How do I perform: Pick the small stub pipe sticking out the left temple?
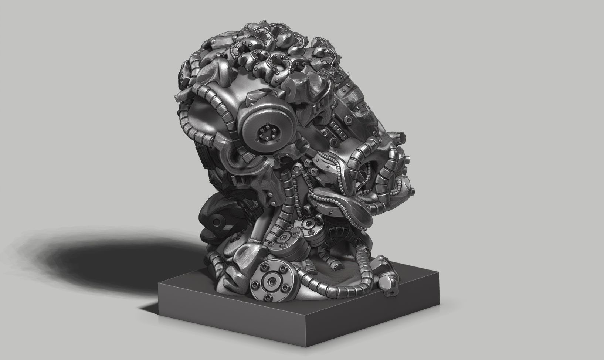[x=177, y=98]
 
